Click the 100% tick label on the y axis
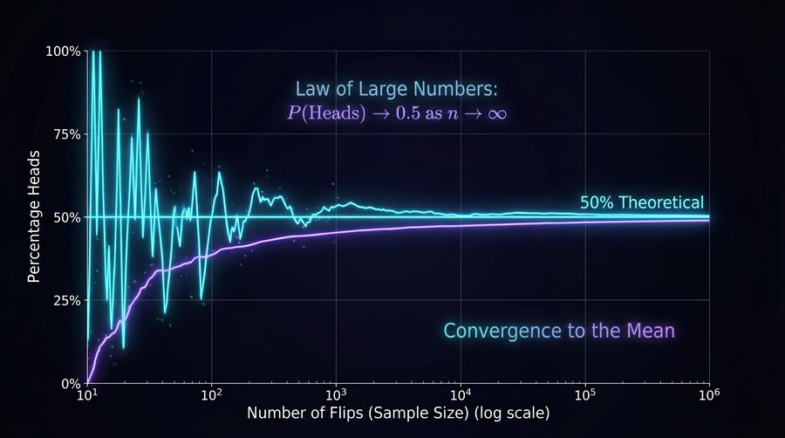63,51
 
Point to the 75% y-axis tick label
65,134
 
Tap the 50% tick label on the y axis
65,217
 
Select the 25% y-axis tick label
65,300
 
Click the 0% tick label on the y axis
69,383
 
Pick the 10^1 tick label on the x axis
87,395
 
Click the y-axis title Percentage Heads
34,217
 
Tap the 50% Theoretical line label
641,202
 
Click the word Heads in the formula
333,113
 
